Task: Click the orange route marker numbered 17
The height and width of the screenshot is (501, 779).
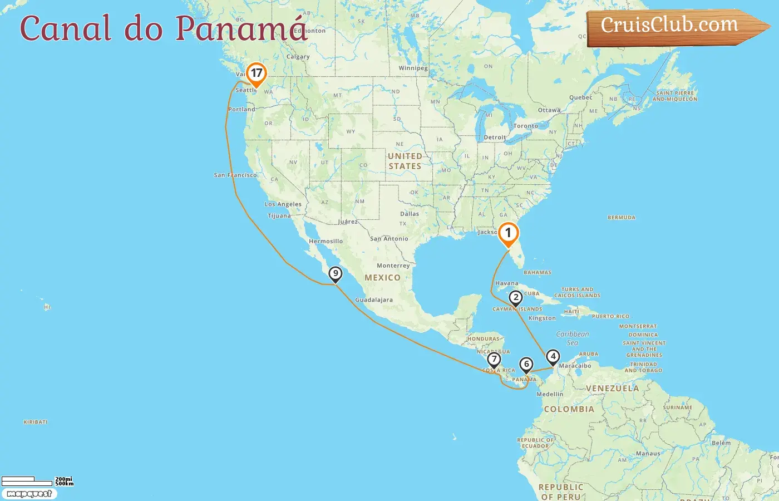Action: click(x=256, y=74)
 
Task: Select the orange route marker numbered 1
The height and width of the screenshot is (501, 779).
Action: click(x=508, y=234)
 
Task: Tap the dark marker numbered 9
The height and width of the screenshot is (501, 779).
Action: click(x=335, y=274)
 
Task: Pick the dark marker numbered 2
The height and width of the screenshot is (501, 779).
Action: click(x=516, y=298)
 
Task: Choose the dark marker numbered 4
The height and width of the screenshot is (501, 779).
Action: click(x=553, y=356)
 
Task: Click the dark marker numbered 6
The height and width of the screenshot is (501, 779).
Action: click(x=526, y=365)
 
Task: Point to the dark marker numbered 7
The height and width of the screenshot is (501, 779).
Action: click(x=494, y=360)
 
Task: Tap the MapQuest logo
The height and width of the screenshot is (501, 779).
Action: click(x=29, y=494)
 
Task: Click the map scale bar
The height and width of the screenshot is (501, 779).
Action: click(x=27, y=480)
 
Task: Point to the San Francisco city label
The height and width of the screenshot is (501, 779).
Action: click(x=235, y=175)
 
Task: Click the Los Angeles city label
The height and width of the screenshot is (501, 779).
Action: click(x=283, y=204)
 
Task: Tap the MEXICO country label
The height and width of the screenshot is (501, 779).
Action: click(x=382, y=278)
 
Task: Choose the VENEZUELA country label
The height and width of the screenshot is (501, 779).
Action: click(x=612, y=388)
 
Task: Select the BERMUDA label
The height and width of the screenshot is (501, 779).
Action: click(x=621, y=218)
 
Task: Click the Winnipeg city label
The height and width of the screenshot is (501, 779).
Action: click(x=413, y=68)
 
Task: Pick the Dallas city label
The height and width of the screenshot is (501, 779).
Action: click(x=410, y=214)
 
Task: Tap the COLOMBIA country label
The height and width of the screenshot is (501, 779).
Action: click(x=569, y=409)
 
